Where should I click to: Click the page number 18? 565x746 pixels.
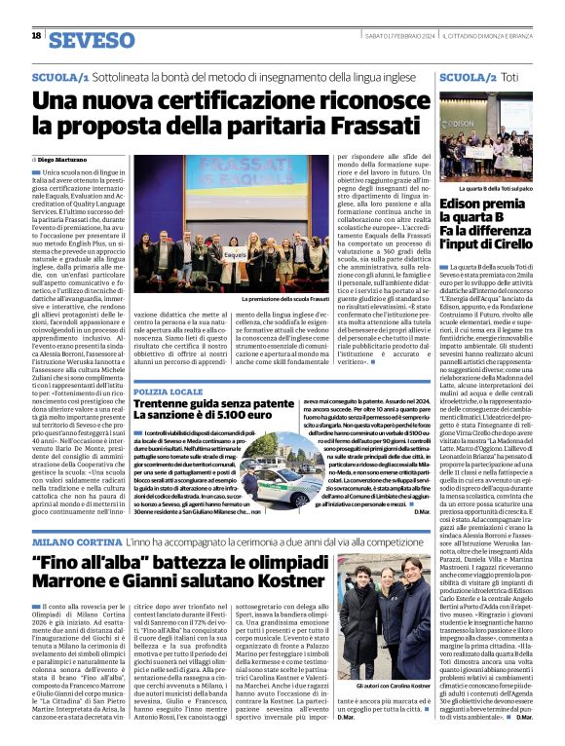click(36, 36)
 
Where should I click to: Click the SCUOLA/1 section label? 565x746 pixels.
click(61, 75)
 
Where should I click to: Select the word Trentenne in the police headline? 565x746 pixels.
click(169, 406)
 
